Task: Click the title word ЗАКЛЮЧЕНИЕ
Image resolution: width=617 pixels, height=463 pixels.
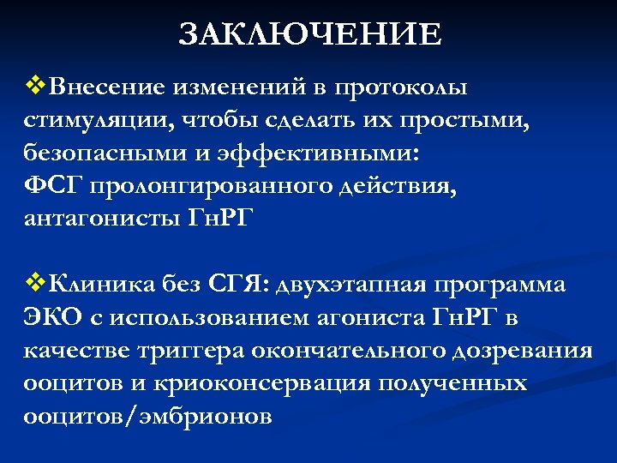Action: (x=311, y=34)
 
